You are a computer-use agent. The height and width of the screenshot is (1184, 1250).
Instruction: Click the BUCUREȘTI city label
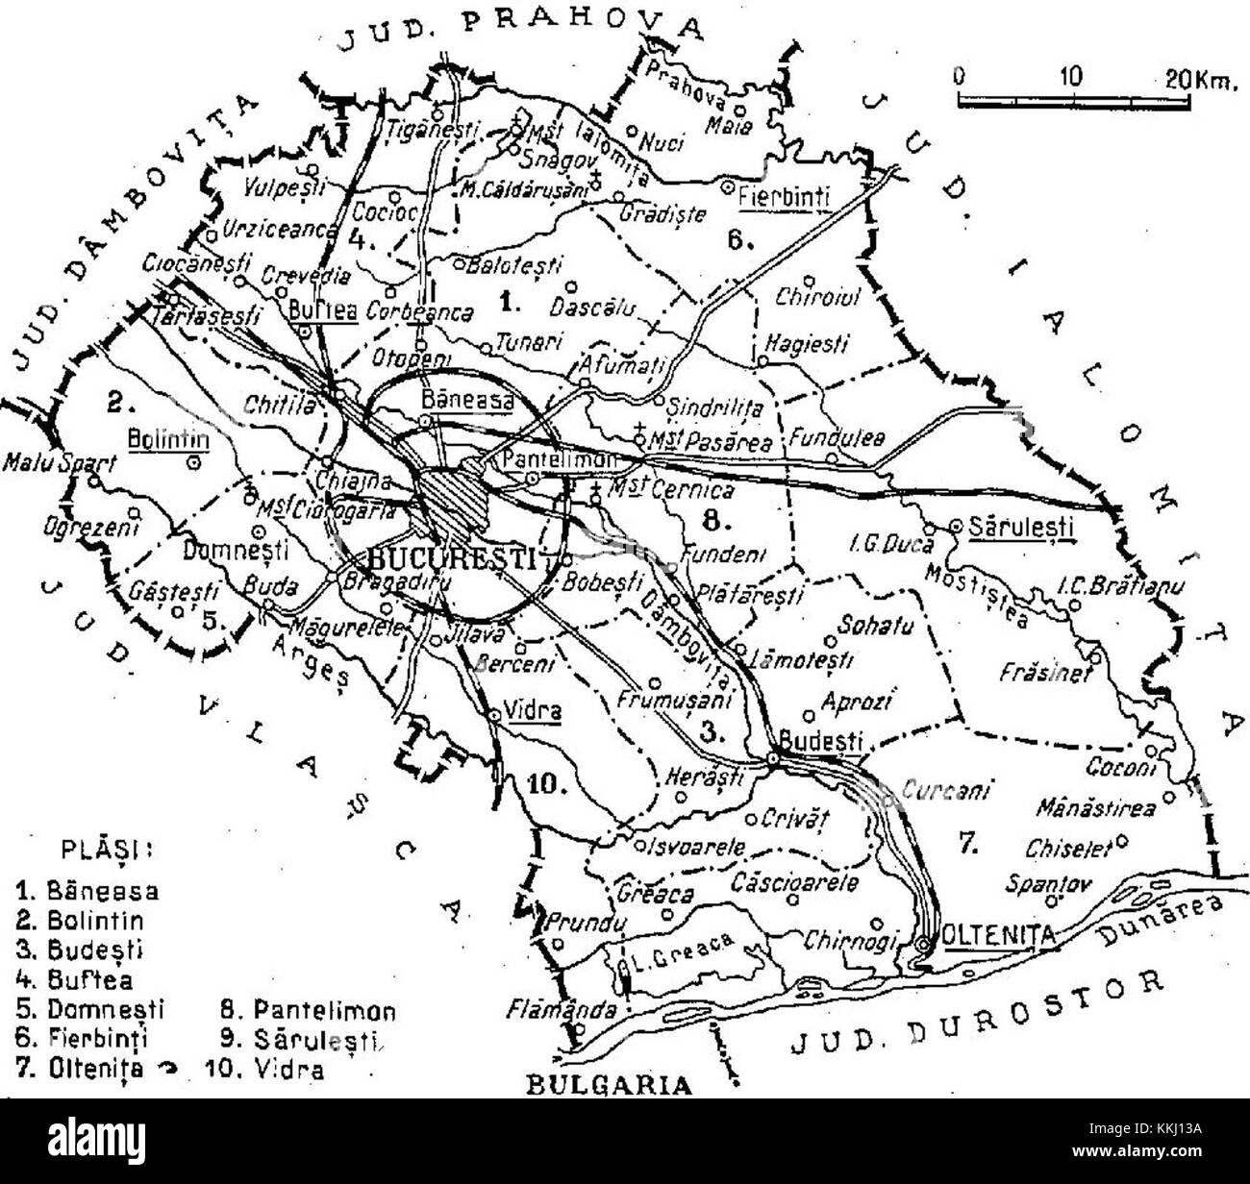coord(452,558)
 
